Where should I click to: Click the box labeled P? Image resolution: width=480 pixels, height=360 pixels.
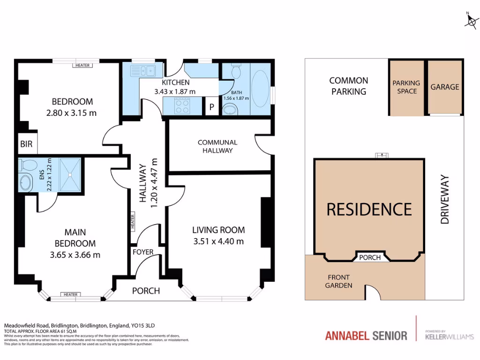click(211, 107)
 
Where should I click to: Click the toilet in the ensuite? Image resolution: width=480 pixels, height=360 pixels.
click(28, 165)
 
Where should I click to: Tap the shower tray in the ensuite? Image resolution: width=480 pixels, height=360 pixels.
click(69, 175)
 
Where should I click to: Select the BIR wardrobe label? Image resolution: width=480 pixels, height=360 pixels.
click(27, 144)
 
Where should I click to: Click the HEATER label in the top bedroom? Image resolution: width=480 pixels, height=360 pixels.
click(82, 65)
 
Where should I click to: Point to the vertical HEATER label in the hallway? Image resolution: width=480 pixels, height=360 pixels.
click(133, 221)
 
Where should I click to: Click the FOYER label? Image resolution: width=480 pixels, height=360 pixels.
click(143, 252)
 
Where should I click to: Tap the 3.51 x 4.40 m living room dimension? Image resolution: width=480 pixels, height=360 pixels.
click(218, 242)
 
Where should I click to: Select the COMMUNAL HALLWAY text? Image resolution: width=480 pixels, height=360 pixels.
click(217, 146)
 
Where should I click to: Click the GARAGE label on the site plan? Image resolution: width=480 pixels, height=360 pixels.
click(445, 87)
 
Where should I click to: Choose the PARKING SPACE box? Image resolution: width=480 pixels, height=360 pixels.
click(406, 87)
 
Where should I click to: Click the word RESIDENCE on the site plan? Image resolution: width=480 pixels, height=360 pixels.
click(369, 209)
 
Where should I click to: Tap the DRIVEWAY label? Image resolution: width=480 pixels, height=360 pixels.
click(445, 199)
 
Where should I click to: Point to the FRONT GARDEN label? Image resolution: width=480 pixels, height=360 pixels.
click(338, 281)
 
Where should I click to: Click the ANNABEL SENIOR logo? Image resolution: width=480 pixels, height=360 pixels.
click(366, 336)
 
